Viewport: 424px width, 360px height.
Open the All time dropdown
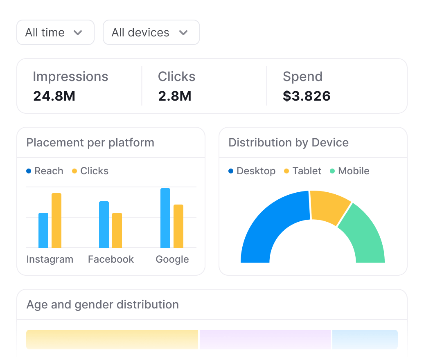[x=55, y=32]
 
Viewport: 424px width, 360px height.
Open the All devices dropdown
[x=151, y=32]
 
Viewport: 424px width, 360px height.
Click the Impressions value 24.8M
[x=54, y=96]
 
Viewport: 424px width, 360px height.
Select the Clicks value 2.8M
[x=174, y=96]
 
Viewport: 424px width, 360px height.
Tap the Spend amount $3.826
[x=307, y=96]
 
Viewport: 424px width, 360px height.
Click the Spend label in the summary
[x=302, y=76]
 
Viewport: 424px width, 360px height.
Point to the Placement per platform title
[x=90, y=143]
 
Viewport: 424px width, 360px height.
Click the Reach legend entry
[x=45, y=171]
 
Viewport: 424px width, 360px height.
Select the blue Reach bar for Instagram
[x=43, y=230]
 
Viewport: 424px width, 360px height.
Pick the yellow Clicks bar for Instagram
[x=56, y=220]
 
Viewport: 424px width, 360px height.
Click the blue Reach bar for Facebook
[x=104, y=225]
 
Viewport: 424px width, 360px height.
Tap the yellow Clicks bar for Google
[x=178, y=226]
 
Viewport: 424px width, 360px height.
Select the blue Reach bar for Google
[x=165, y=218]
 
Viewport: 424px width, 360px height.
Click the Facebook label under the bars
[x=111, y=259]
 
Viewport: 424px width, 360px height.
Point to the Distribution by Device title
[x=289, y=143]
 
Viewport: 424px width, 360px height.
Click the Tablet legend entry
[x=302, y=171]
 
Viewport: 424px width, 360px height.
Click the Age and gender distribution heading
[x=102, y=305]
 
